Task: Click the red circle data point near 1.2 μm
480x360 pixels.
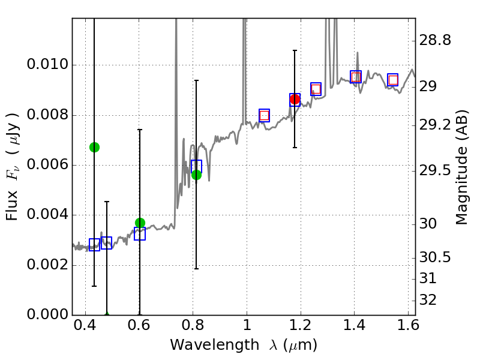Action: click(x=295, y=100)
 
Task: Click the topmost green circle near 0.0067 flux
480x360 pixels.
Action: click(x=94, y=147)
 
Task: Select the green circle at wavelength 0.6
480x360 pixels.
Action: click(x=140, y=223)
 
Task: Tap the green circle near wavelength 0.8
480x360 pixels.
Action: click(x=196, y=175)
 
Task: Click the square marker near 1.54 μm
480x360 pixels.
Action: click(x=393, y=80)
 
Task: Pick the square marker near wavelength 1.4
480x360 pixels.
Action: click(x=356, y=77)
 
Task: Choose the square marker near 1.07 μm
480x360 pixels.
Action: click(x=264, y=115)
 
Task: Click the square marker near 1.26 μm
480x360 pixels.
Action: click(x=316, y=89)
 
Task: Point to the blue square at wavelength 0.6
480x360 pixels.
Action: click(x=140, y=234)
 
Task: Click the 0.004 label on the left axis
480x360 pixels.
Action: click(x=46, y=215)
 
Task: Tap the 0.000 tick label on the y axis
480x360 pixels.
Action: click(x=46, y=315)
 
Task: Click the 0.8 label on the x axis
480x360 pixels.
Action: click(x=193, y=328)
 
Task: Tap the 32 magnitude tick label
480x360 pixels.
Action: click(x=430, y=299)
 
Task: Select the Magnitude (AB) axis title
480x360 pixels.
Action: click(x=461, y=167)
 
